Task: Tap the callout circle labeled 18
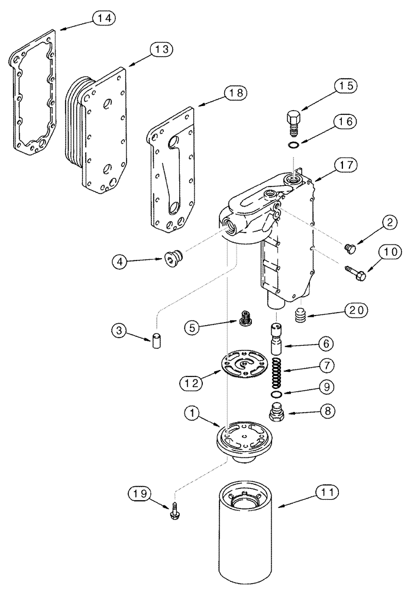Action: tap(234, 92)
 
